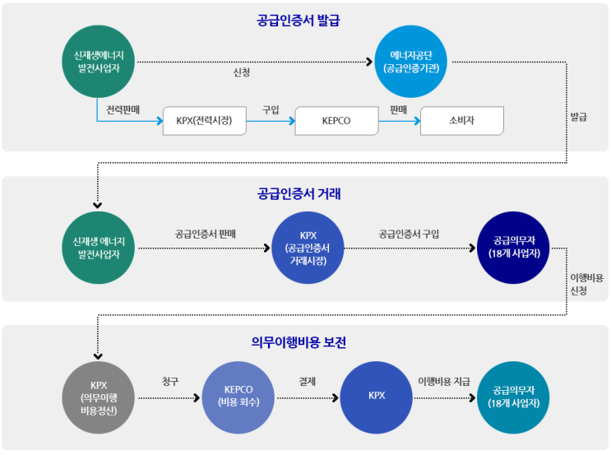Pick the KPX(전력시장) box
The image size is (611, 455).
(204, 121)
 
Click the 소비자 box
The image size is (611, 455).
(461, 121)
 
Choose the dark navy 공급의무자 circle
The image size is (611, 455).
(513, 248)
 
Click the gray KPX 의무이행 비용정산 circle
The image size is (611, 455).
(100, 397)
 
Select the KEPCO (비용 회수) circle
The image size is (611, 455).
(238, 397)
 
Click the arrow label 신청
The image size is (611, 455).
(242, 72)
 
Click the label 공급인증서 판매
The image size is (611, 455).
(206, 234)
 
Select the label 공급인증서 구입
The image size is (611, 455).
(409, 234)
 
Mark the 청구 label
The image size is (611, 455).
(171, 381)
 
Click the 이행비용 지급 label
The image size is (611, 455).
(444, 381)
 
